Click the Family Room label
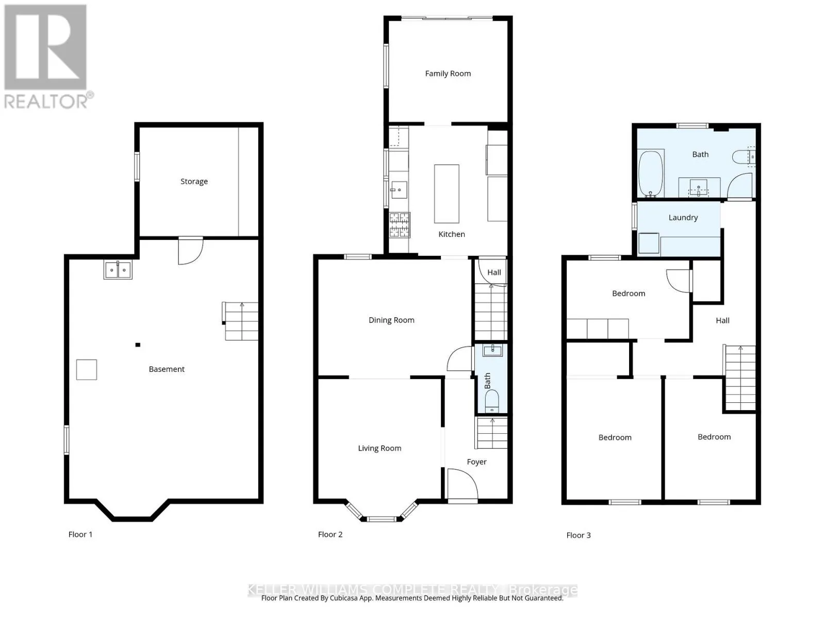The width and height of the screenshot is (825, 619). click(x=448, y=74)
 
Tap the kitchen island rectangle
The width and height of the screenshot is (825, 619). click(x=447, y=194)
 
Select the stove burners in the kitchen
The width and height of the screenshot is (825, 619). click(x=400, y=225)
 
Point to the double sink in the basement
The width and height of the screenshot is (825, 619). click(x=118, y=270)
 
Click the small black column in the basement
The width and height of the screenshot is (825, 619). click(x=138, y=345)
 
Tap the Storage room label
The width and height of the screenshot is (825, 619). click(x=194, y=182)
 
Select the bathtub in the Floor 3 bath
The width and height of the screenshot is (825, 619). click(x=651, y=173)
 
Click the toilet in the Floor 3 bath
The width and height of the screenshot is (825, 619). click(x=744, y=157)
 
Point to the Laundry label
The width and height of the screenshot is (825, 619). click(x=683, y=218)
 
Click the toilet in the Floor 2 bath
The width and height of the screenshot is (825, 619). click(x=492, y=401)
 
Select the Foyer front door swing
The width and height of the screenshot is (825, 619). click(x=463, y=485)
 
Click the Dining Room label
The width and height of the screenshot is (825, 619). click(x=391, y=320)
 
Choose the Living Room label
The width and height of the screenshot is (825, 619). click(x=379, y=448)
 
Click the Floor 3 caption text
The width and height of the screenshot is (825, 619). click(x=579, y=535)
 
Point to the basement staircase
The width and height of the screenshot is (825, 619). click(x=240, y=321)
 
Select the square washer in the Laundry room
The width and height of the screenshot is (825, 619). click(x=649, y=243)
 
